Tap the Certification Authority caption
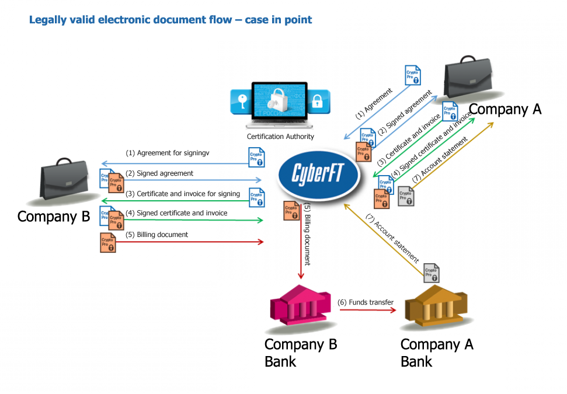(x=280, y=137)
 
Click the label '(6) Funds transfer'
(x=366, y=302)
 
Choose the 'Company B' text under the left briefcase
(x=54, y=217)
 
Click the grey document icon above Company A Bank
(x=432, y=273)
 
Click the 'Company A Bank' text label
(x=437, y=353)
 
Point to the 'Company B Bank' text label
(x=301, y=353)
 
